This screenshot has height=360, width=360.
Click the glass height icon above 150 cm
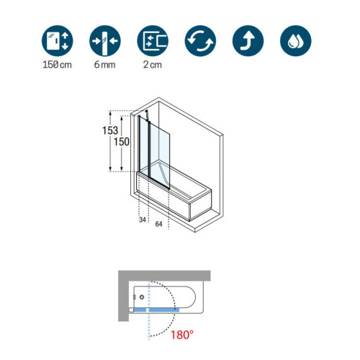[x=57, y=41]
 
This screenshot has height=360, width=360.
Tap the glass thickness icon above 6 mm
[x=105, y=41]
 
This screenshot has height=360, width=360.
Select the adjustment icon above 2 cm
[x=153, y=41]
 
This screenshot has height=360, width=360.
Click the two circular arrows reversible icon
[x=200, y=41]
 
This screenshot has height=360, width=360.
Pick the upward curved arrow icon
[x=248, y=41]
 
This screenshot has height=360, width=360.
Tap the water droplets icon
[x=296, y=41]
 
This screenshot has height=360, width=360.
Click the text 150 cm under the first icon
[x=57, y=65]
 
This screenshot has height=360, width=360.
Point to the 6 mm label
[x=104, y=65]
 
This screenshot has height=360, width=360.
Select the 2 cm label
[x=153, y=65]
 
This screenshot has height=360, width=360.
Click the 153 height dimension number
[x=110, y=130]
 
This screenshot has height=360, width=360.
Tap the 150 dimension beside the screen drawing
[x=122, y=142]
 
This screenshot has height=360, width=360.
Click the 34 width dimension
[x=143, y=220]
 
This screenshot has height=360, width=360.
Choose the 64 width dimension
[x=158, y=224]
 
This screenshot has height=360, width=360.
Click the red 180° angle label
[x=181, y=335]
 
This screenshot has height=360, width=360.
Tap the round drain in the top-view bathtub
[x=142, y=297]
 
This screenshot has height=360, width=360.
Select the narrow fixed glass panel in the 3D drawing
[x=144, y=147]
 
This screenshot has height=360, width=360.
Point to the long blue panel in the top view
[x=164, y=310]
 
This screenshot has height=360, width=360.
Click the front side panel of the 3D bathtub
[x=163, y=196]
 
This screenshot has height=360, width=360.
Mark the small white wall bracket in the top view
[x=131, y=310]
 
